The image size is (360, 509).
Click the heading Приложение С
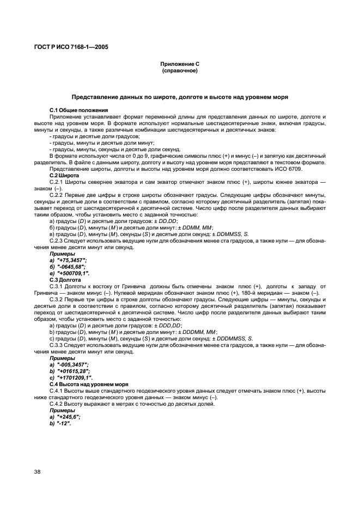tap(180, 64)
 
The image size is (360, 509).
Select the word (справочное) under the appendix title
tap(180, 71)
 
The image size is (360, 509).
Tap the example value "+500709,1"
tap(71, 273)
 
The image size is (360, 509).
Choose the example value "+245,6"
tap(68, 415)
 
